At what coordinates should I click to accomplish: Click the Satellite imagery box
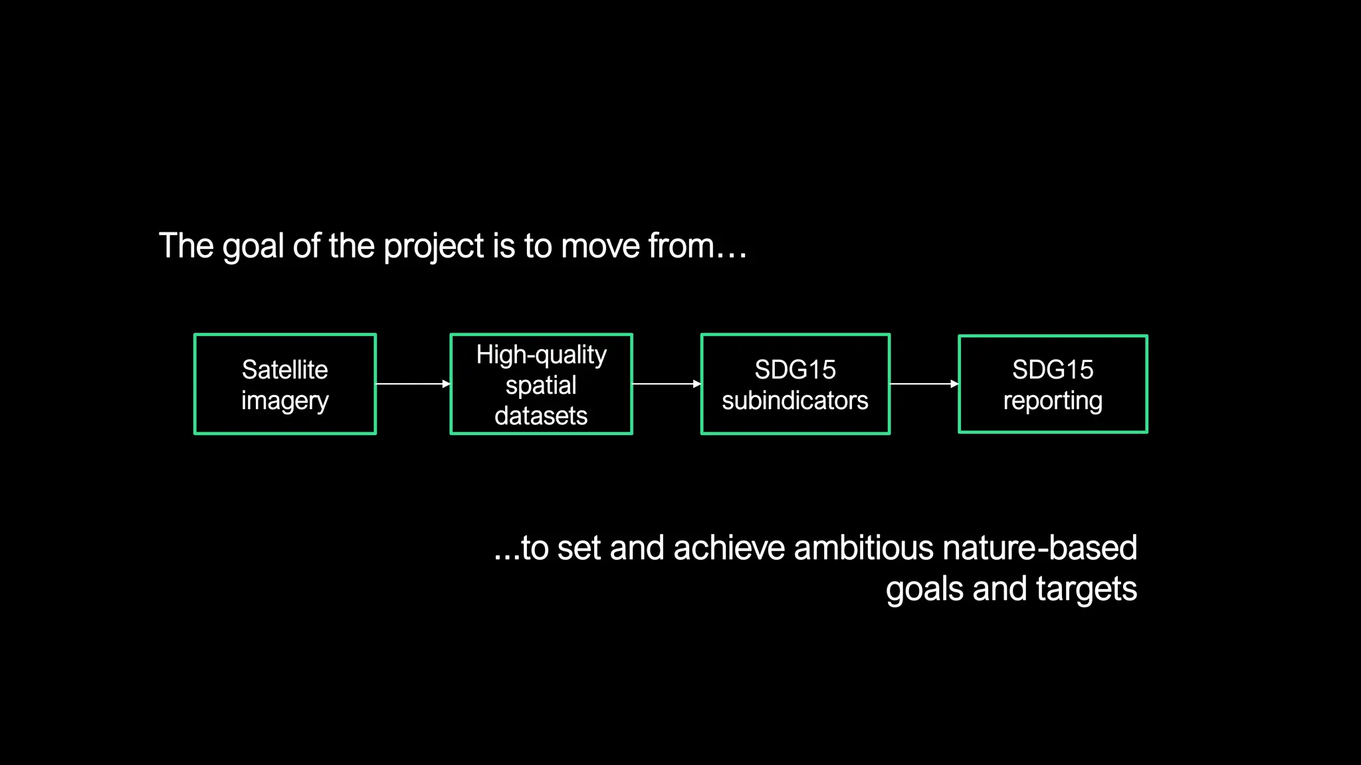click(285, 384)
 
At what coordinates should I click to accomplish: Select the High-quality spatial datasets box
click(541, 384)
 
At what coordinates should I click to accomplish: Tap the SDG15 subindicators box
click(795, 384)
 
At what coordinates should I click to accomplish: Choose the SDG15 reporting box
click(1053, 384)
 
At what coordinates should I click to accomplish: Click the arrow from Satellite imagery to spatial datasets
click(413, 384)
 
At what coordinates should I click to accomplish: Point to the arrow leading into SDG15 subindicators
click(666, 384)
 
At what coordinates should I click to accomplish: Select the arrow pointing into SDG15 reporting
click(924, 384)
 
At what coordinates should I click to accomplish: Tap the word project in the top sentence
click(433, 247)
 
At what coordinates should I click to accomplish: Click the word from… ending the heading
click(698, 246)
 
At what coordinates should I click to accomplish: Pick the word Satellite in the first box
click(284, 369)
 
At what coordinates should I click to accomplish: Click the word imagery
click(284, 401)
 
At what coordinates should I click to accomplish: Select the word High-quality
click(541, 355)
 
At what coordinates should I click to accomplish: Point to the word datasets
click(541, 416)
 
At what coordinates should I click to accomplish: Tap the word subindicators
click(795, 400)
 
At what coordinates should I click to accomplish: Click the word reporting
click(1053, 401)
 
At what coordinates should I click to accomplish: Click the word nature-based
click(1039, 549)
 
